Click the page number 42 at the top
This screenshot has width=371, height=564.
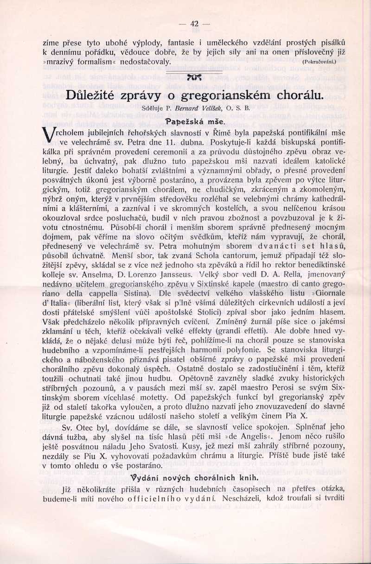pyautogui.click(x=194, y=24)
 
